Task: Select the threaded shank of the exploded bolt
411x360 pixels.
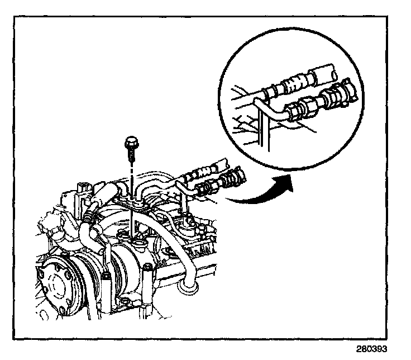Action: coord(131,152)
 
